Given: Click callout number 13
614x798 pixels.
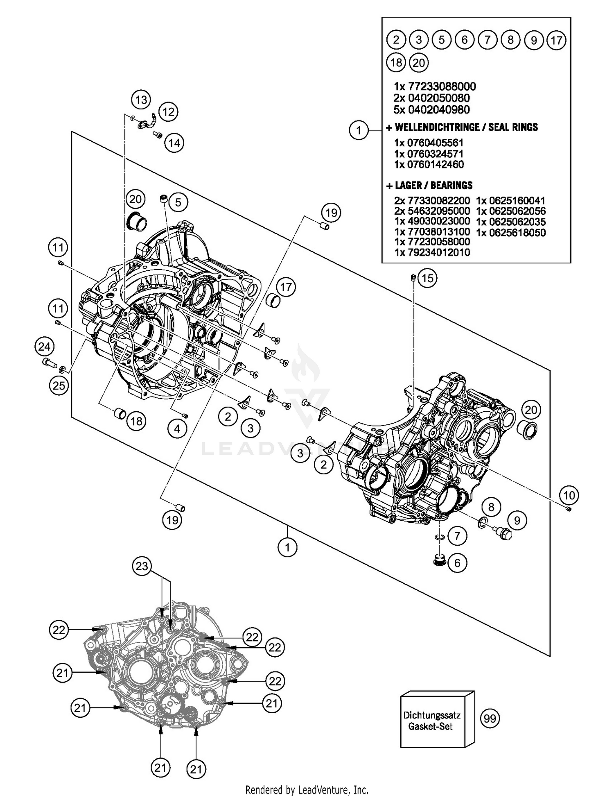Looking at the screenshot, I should point(141,100).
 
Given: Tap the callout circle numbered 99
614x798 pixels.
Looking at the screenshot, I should point(490,719).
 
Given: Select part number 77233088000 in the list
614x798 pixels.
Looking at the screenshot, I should point(435,86).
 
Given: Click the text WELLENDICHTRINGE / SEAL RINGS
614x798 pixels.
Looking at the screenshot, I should point(466,127).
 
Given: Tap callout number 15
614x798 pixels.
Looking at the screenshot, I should point(427,278).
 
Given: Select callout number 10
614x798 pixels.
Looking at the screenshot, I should point(569,495).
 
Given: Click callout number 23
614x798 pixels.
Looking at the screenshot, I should point(142,566).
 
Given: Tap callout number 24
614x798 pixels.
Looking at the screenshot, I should point(44,347).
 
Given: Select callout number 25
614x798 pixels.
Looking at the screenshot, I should point(59,385).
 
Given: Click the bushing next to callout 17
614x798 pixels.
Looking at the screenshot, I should point(273,301).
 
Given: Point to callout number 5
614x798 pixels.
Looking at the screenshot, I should point(178,202).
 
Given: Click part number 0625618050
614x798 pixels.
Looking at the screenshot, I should point(510,232).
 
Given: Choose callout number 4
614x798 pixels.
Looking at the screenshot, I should point(177,429).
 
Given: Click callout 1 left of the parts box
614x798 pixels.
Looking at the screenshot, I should point(359,130).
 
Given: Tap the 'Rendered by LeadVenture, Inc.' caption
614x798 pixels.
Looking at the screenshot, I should point(307,789).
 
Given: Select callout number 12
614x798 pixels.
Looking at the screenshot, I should point(168,112).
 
